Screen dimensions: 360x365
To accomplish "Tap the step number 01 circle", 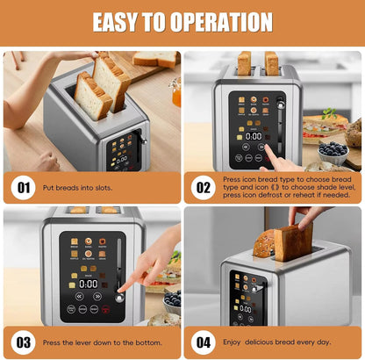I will tap(22, 186).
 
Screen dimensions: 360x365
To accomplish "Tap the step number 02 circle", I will tap(204, 186).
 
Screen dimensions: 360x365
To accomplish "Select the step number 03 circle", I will tap(22, 342).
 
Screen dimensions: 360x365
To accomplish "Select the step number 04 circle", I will tap(204, 342).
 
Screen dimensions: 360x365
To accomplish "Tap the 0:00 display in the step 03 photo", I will tap(89, 284).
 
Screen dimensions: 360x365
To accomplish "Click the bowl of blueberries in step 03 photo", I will tap(172, 300).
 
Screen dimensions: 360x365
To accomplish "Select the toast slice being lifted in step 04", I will tap(292, 242).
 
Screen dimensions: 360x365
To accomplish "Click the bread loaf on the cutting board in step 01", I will tap(158, 60).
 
